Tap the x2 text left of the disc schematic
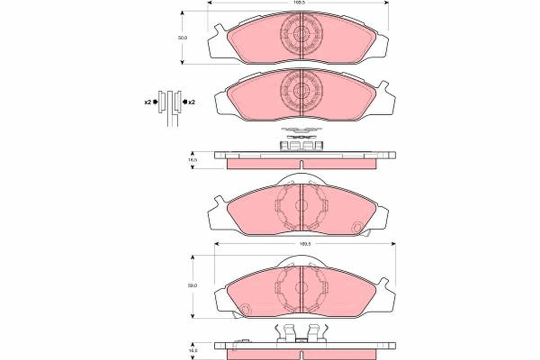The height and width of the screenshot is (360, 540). click(147, 103)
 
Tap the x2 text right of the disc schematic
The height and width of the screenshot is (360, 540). click(191, 103)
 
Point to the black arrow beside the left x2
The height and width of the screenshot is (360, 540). click(155, 103)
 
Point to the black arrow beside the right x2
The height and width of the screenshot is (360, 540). click(184, 103)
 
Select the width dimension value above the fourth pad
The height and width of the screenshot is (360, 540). click(306, 244)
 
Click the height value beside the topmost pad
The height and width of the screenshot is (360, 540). click(182, 38)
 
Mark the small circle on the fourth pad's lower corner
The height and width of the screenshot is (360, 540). click(245, 310)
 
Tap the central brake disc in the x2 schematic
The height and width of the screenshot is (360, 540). click(171, 108)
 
